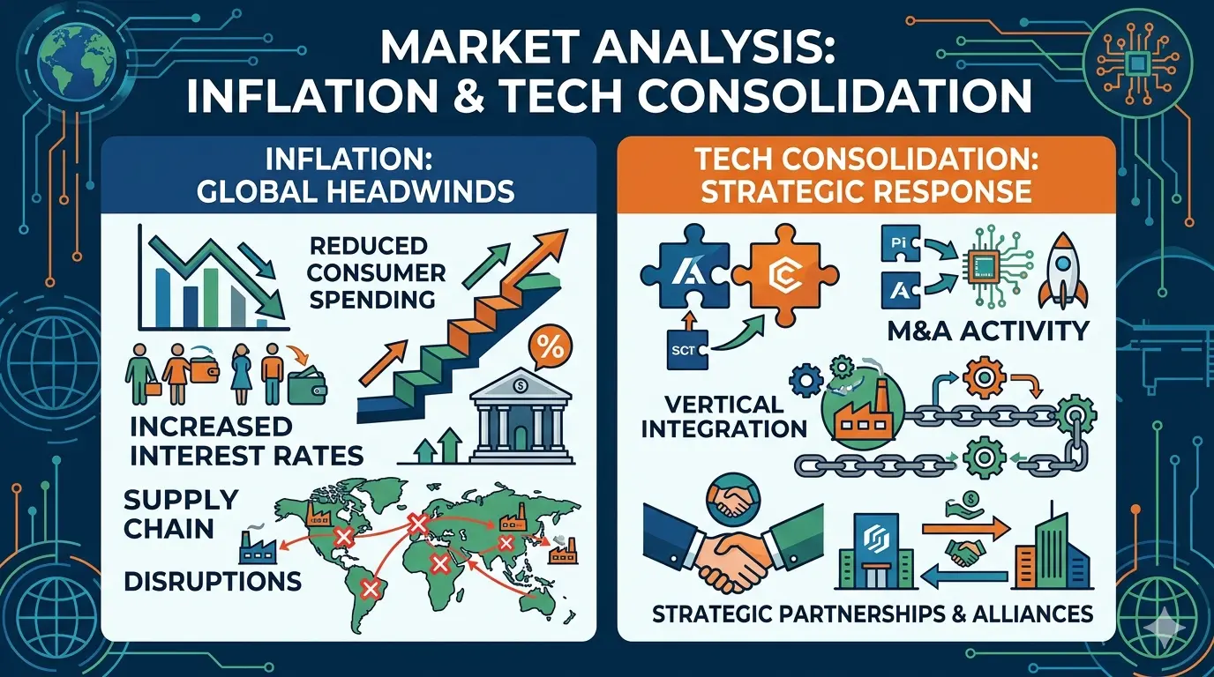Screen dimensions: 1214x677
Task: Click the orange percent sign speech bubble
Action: pyautogui.click(x=551, y=349)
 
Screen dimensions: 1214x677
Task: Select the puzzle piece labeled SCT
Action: pyautogui.click(x=686, y=349)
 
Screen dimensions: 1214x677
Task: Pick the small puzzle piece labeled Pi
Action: pyautogui.click(x=900, y=242)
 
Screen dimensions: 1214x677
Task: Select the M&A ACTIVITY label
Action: pyautogui.click(x=988, y=331)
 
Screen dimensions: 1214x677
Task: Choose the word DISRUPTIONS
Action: pyautogui.click(x=213, y=581)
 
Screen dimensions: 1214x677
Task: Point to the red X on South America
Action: pyautogui.click(x=371, y=588)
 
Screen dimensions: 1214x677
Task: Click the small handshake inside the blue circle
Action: pyautogui.click(x=733, y=501)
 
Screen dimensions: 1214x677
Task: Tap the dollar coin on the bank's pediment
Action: pyautogui.click(x=521, y=385)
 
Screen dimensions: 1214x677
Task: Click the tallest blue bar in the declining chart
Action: pyautogui.click(x=162, y=297)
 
